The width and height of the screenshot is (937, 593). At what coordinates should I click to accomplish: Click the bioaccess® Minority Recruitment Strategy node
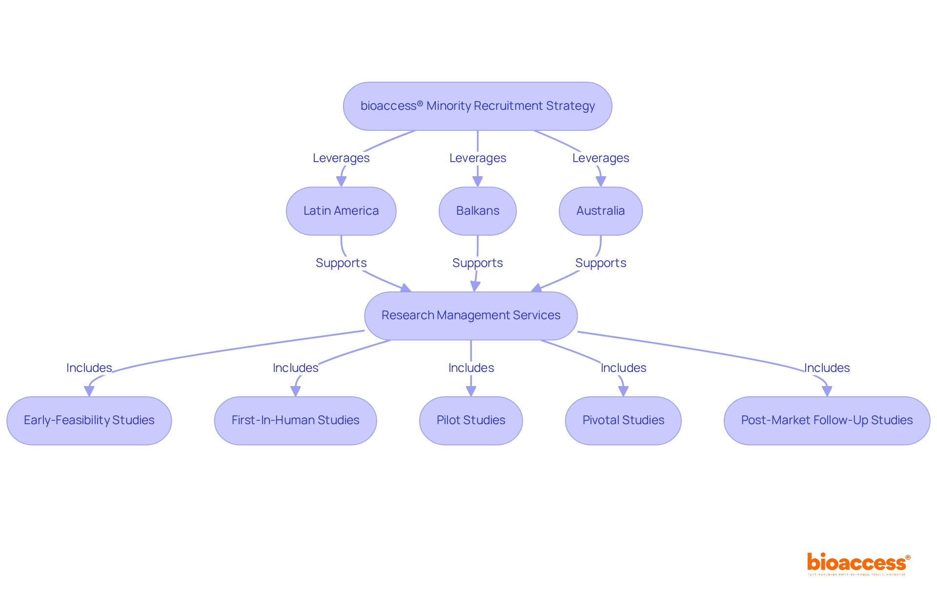(x=477, y=106)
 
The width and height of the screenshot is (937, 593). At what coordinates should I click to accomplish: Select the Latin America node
(x=341, y=211)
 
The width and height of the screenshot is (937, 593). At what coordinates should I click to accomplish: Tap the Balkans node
(x=477, y=211)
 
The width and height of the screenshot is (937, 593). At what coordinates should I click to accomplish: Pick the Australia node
(x=600, y=211)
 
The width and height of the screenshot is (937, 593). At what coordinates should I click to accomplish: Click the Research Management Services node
(x=470, y=315)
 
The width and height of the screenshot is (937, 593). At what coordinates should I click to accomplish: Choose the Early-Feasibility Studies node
(x=89, y=420)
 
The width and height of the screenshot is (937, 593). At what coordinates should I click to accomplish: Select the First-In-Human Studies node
(x=295, y=420)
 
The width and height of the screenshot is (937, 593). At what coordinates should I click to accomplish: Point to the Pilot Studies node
(x=470, y=420)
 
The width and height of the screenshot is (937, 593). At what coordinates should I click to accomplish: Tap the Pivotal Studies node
(x=623, y=420)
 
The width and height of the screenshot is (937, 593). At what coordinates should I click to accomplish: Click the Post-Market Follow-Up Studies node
(x=827, y=420)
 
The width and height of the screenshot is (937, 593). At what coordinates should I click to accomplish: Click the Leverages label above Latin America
(x=341, y=158)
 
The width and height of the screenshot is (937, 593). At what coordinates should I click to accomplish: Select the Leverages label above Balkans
(x=477, y=158)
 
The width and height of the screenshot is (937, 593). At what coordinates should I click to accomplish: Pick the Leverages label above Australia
(x=600, y=158)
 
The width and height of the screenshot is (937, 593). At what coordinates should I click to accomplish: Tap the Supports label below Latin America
(x=341, y=263)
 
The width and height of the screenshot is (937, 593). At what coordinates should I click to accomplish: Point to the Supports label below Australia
(x=600, y=263)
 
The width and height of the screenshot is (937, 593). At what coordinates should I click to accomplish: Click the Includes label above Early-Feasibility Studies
(x=89, y=368)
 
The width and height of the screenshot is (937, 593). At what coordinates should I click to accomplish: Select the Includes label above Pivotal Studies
(x=623, y=368)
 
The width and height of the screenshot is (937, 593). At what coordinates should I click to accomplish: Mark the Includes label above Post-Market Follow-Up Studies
(x=827, y=368)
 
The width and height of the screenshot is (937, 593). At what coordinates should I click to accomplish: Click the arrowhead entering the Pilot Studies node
(x=471, y=391)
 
